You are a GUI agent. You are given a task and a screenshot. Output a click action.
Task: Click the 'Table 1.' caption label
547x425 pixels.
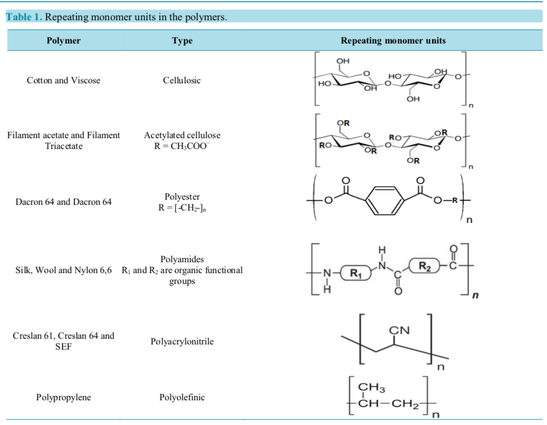point(24,17)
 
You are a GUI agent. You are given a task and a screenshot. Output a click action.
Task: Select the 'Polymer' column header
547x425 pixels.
point(63,40)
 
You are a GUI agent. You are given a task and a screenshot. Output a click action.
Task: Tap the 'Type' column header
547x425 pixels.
point(182,40)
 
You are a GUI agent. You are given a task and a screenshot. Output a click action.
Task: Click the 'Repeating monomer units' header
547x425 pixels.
point(393,40)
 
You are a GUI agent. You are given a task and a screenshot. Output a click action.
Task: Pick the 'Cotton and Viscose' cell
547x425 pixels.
point(63,80)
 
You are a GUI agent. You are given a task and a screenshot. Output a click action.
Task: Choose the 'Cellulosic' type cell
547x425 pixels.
point(182,80)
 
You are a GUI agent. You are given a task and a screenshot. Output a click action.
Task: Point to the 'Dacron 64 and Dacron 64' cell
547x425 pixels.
point(63,202)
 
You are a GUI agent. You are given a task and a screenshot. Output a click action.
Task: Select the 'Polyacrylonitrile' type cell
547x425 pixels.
point(182,341)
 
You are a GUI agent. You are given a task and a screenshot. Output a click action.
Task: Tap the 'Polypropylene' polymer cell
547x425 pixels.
point(63,397)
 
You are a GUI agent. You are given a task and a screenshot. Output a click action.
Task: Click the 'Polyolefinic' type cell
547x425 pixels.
point(182,397)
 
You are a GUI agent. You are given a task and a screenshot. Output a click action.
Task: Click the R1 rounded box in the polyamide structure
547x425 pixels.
point(356,274)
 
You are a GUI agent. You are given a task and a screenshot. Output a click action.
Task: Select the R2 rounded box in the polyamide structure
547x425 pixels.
point(424,266)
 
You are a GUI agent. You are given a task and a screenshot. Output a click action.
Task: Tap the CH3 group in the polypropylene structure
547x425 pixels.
point(371,387)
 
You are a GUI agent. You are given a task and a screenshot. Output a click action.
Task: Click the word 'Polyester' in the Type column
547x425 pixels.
point(182,196)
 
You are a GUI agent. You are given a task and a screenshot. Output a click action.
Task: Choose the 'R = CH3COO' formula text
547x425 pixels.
point(182,146)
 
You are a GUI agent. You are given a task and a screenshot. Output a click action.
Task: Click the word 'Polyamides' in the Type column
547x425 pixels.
point(182,259)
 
